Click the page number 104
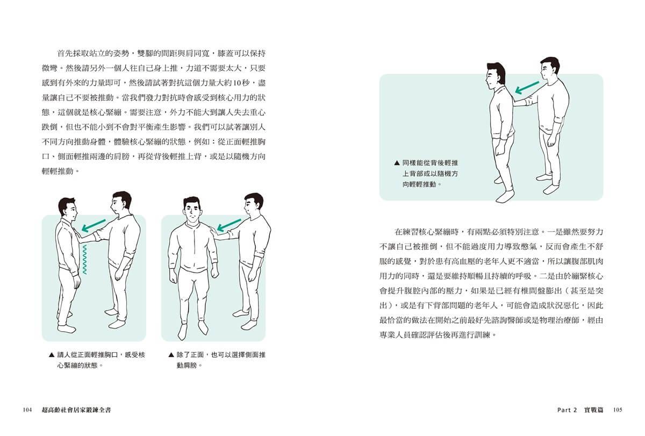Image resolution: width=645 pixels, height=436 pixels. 27,410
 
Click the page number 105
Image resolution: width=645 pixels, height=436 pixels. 618,410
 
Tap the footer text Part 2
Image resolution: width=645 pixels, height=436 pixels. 567,410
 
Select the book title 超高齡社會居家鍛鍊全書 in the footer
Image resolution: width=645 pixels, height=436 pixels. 76,410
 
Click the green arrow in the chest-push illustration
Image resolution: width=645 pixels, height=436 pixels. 94,225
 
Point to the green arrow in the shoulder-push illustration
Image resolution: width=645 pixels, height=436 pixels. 229,225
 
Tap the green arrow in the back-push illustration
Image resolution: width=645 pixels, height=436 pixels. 527,88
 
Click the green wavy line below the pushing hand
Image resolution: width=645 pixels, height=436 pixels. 84,260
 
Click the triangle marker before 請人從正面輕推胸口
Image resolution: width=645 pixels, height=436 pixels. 52,355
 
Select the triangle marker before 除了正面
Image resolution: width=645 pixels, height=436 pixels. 171,355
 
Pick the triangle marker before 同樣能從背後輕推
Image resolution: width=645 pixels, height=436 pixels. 397,163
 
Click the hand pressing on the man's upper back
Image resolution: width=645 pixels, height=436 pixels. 517,102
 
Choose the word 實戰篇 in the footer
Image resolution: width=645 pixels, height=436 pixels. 593,410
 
